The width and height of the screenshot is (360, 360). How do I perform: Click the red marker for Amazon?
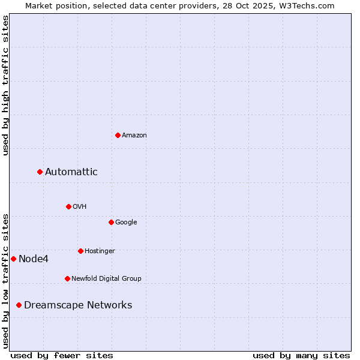[x=118, y=135]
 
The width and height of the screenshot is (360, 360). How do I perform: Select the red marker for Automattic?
[x=40, y=172]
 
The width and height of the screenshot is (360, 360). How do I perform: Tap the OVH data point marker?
[x=68, y=206]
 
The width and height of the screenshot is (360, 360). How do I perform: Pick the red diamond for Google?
[x=111, y=222]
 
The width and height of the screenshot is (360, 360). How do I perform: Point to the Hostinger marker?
[x=80, y=251]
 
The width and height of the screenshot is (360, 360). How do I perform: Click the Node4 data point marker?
[x=13, y=259]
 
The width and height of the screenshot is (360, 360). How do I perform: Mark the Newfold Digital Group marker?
[x=67, y=278]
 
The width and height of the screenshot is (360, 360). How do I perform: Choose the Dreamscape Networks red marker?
[x=19, y=305]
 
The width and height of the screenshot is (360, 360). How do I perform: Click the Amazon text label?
[x=134, y=136]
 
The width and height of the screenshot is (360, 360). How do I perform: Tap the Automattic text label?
[x=71, y=172]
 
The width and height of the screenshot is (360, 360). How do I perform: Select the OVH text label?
[x=79, y=207]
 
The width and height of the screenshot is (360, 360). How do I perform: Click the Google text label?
[x=126, y=223]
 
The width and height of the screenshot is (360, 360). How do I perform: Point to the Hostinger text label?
[x=100, y=251]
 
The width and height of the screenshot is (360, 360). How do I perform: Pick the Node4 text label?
[x=33, y=259]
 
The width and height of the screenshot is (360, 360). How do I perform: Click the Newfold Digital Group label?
[x=106, y=279]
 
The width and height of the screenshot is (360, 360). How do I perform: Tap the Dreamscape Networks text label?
[x=78, y=305]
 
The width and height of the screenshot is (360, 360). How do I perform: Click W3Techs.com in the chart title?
[x=310, y=5]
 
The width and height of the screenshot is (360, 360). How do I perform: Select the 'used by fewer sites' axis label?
[x=62, y=355]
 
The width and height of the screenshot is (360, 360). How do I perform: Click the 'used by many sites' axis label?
[x=301, y=355]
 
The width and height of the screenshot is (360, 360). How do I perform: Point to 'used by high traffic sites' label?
[x=5, y=85]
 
